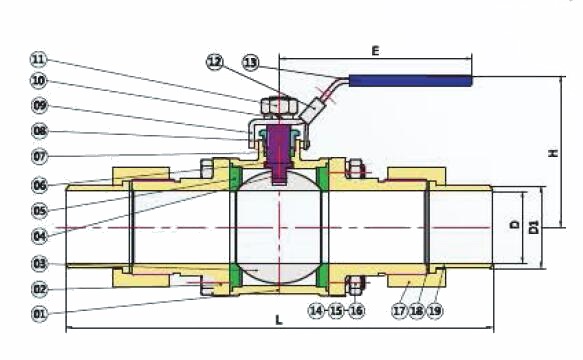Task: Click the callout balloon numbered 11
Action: click(x=38, y=59)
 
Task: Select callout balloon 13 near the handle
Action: click(x=251, y=62)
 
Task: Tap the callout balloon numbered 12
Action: click(x=215, y=61)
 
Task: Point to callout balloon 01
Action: click(x=40, y=314)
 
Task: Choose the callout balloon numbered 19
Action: click(x=434, y=311)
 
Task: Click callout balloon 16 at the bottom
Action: click(x=356, y=311)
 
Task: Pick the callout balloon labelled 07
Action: click(x=40, y=156)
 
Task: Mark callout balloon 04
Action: click(x=40, y=236)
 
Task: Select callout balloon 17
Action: click(x=400, y=311)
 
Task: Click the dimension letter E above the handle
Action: click(x=376, y=51)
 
